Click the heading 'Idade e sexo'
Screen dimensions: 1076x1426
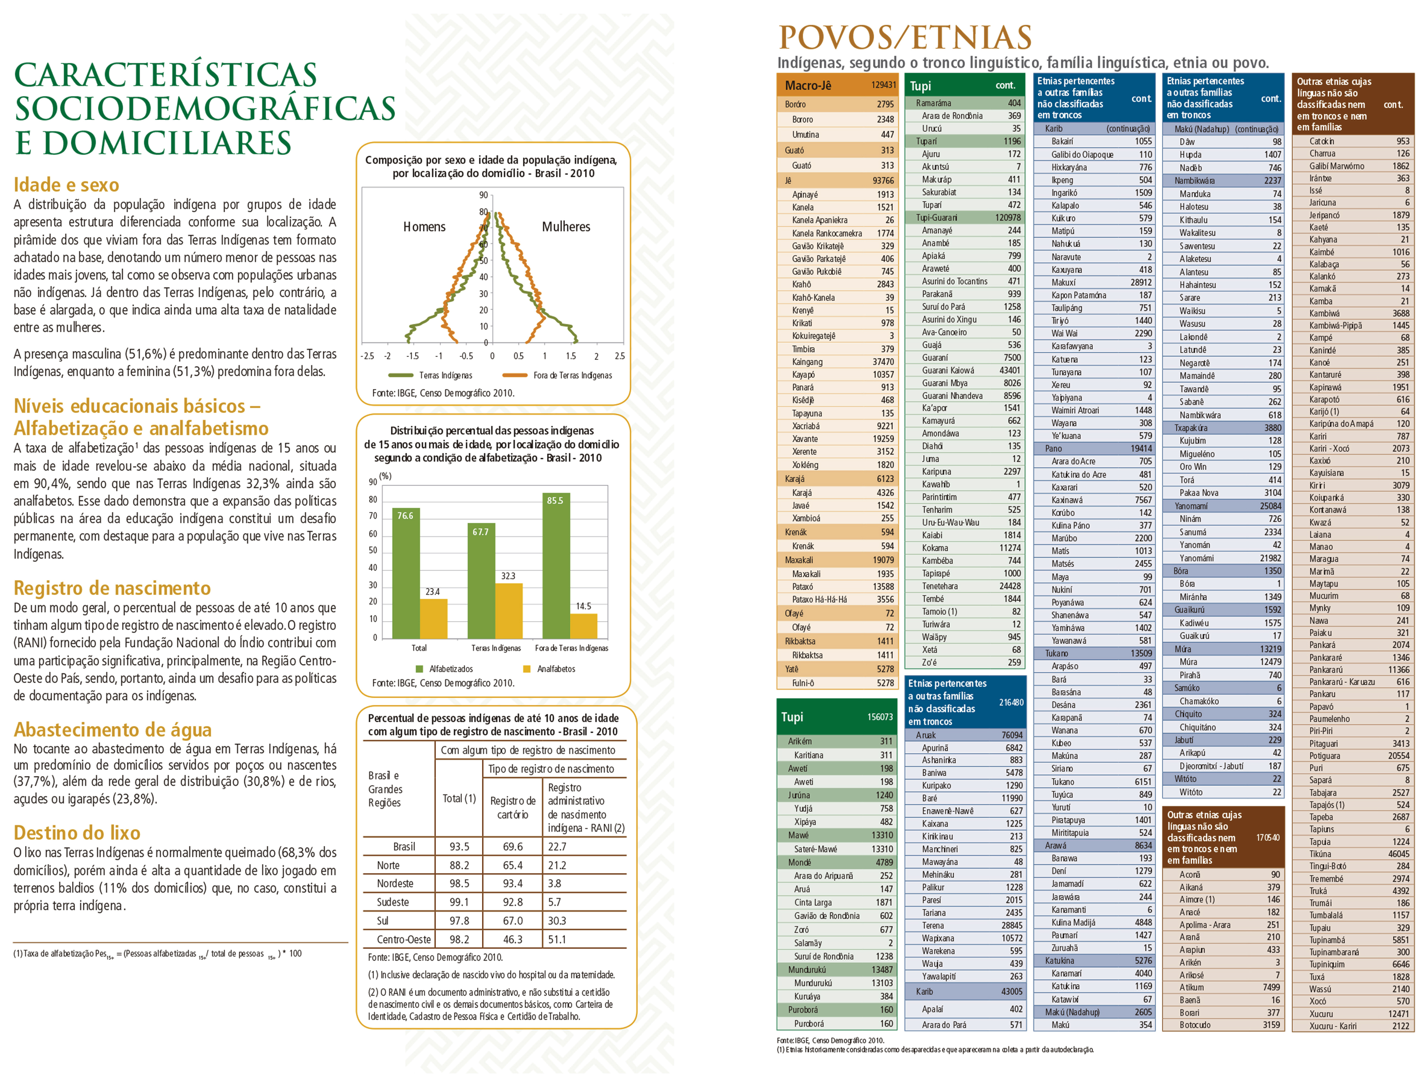click(x=66, y=185)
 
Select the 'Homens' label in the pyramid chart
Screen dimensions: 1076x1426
click(x=424, y=227)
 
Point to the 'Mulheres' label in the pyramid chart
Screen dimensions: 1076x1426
click(x=566, y=227)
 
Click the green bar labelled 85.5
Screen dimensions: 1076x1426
click(x=556, y=567)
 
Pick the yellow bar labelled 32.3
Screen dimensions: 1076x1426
click(x=509, y=610)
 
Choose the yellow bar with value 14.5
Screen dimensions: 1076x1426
click(x=584, y=625)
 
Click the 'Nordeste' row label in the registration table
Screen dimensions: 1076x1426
click(x=395, y=883)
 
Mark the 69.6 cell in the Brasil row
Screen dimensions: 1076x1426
click(x=513, y=846)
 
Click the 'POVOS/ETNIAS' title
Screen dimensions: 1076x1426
click(x=905, y=37)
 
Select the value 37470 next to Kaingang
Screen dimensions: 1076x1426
click(x=883, y=362)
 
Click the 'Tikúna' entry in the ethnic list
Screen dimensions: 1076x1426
click(x=1320, y=854)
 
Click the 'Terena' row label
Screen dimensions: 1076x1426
click(x=933, y=926)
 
